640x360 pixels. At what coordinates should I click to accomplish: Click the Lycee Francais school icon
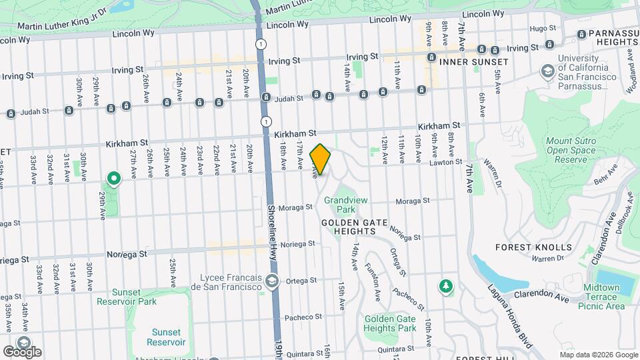[271, 280]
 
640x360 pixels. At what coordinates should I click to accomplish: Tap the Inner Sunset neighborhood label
[473, 61]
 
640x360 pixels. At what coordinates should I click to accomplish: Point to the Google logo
[21, 351]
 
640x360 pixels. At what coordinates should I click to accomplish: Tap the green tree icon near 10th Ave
[445, 286]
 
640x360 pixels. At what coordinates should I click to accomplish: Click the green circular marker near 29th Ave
[114, 178]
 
